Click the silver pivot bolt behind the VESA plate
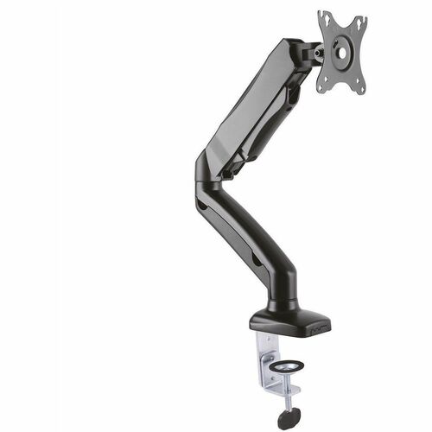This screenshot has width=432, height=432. pos(321,51)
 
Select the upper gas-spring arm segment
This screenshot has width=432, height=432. pos(259,104)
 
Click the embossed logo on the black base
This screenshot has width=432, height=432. pos(266,324)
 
